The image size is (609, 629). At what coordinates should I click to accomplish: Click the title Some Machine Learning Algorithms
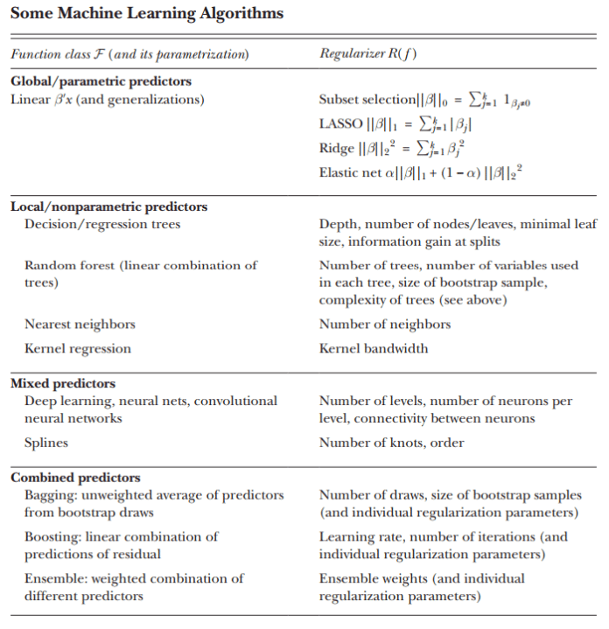147,13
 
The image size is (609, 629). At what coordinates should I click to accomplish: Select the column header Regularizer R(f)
367,55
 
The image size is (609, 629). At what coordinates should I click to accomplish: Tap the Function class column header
129,55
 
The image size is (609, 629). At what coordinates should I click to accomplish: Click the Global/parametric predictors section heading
101,81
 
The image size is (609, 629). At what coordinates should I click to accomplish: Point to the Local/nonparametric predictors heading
108,207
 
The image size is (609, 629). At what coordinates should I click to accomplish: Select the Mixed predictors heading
63,383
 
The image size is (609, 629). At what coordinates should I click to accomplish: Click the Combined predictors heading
75,478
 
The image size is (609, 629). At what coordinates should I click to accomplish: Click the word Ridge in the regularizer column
337,148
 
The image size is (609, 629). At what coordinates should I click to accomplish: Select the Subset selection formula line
425,100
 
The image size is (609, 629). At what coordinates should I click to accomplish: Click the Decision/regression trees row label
102,225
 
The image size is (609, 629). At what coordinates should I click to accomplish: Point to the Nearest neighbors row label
80,325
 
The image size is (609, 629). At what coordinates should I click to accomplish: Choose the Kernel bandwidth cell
374,349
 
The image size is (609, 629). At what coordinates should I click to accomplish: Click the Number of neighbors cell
385,325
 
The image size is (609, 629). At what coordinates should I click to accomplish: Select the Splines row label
46,443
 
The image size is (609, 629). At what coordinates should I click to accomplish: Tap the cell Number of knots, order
391,443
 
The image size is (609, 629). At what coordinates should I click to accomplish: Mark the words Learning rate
355,537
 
